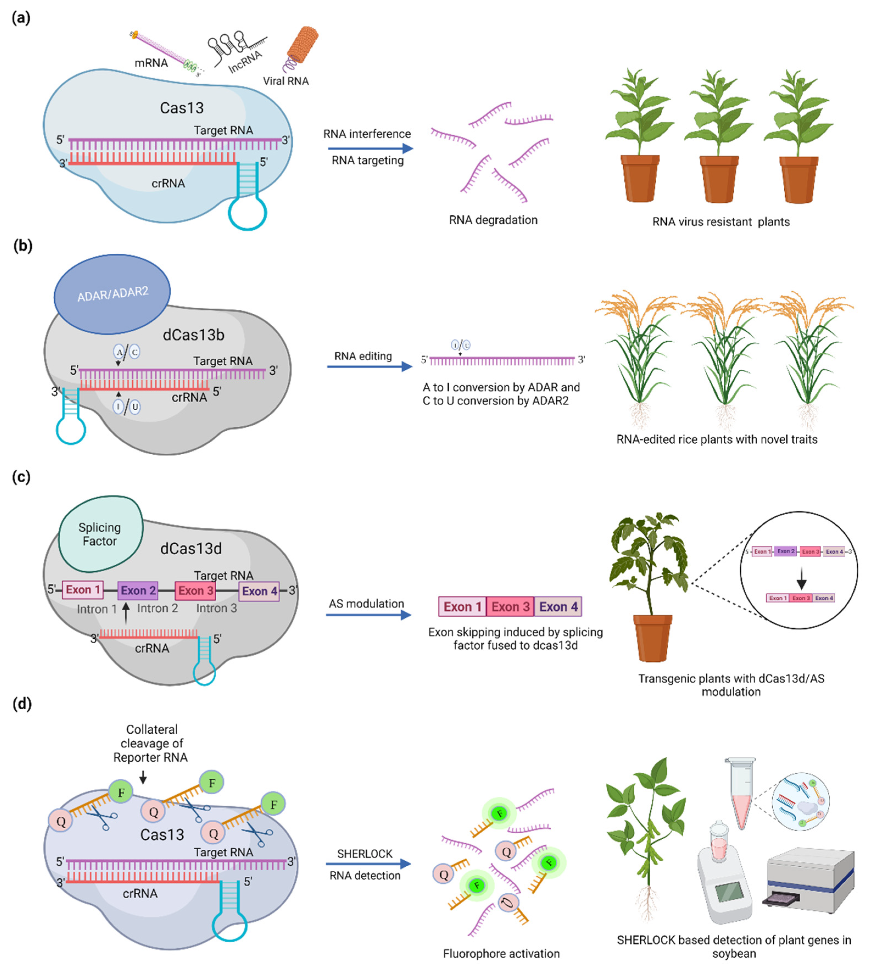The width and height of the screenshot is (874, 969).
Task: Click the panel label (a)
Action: coord(21,18)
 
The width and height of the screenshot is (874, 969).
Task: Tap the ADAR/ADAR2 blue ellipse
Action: coord(112,294)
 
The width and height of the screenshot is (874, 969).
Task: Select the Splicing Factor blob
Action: coord(100,534)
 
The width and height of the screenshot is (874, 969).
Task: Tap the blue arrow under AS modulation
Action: coord(368,615)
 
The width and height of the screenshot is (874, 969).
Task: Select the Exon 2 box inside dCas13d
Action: coord(138,591)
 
